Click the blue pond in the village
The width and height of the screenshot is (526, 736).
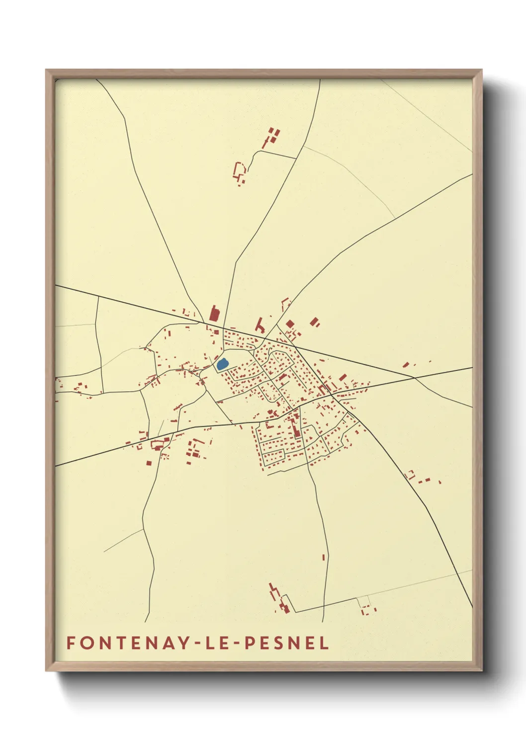pos(222,364)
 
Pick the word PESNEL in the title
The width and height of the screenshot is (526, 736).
pos(287,643)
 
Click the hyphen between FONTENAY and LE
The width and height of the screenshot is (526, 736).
pos(198,644)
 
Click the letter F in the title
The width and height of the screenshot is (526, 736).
pos(70,643)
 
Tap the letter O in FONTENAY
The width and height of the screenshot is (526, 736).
pos(84,643)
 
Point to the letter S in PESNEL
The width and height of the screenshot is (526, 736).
pos(278,643)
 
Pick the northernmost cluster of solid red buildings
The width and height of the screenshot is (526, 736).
pos(273,135)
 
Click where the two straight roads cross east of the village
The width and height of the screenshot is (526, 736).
pos(415,377)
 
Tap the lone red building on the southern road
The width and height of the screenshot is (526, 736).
pos(324,557)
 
